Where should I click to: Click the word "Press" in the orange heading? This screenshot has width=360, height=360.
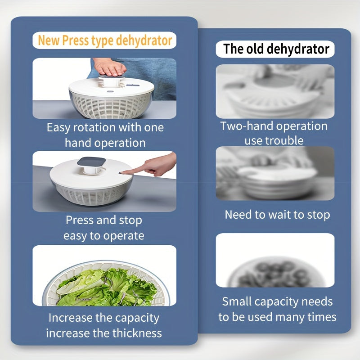click(x=76, y=40)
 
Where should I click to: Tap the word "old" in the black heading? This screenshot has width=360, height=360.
click(x=256, y=49)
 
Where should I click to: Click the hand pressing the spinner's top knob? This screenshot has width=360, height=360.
click(x=110, y=67)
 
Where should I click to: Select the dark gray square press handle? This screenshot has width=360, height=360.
click(x=91, y=162)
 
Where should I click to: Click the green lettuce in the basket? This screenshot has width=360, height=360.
click(x=107, y=288)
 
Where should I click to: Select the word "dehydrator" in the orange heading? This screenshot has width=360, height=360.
click(x=144, y=40)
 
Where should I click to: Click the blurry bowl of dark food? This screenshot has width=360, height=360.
click(x=275, y=273)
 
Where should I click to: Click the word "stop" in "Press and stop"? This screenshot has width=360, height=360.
click(x=130, y=220)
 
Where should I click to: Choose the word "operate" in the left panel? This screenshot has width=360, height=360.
click(x=123, y=236)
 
